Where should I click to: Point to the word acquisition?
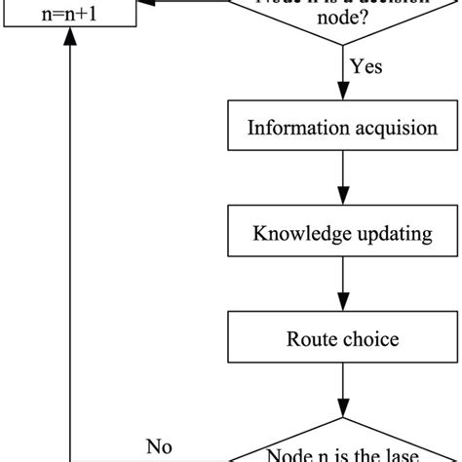[388, 128]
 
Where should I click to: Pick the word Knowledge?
[298, 235]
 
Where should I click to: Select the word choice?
[374, 341]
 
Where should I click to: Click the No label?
[160, 447]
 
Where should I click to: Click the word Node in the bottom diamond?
[289, 453]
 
